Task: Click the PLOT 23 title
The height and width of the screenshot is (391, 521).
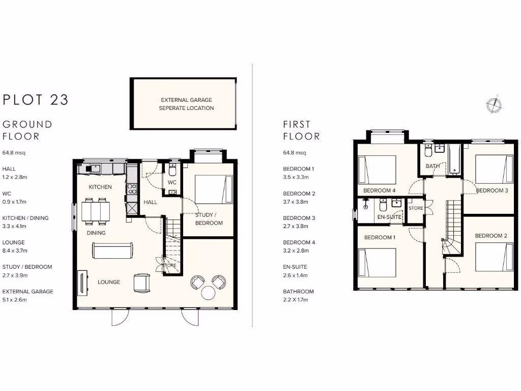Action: point(36,99)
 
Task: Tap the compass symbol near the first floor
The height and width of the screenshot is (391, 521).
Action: point(494,104)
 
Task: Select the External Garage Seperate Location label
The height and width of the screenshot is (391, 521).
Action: point(186,104)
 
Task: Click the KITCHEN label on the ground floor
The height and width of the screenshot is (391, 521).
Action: point(100,187)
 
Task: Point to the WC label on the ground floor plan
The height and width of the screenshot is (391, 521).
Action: point(172,182)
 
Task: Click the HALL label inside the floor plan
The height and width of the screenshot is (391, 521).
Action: point(150,202)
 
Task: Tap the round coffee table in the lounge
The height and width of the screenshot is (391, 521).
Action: point(209,292)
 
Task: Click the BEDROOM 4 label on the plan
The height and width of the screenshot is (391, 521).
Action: point(379,190)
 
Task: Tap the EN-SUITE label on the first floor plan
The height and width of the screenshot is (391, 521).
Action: point(390,217)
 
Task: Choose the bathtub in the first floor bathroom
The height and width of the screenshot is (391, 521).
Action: point(454,159)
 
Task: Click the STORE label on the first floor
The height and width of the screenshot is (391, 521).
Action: point(416,208)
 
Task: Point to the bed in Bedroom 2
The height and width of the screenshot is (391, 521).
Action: point(494,257)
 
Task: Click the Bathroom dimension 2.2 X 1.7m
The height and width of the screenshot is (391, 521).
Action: point(296,300)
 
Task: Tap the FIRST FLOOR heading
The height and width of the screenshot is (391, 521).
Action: point(302,130)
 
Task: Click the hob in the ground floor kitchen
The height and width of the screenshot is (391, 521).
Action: point(132,189)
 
